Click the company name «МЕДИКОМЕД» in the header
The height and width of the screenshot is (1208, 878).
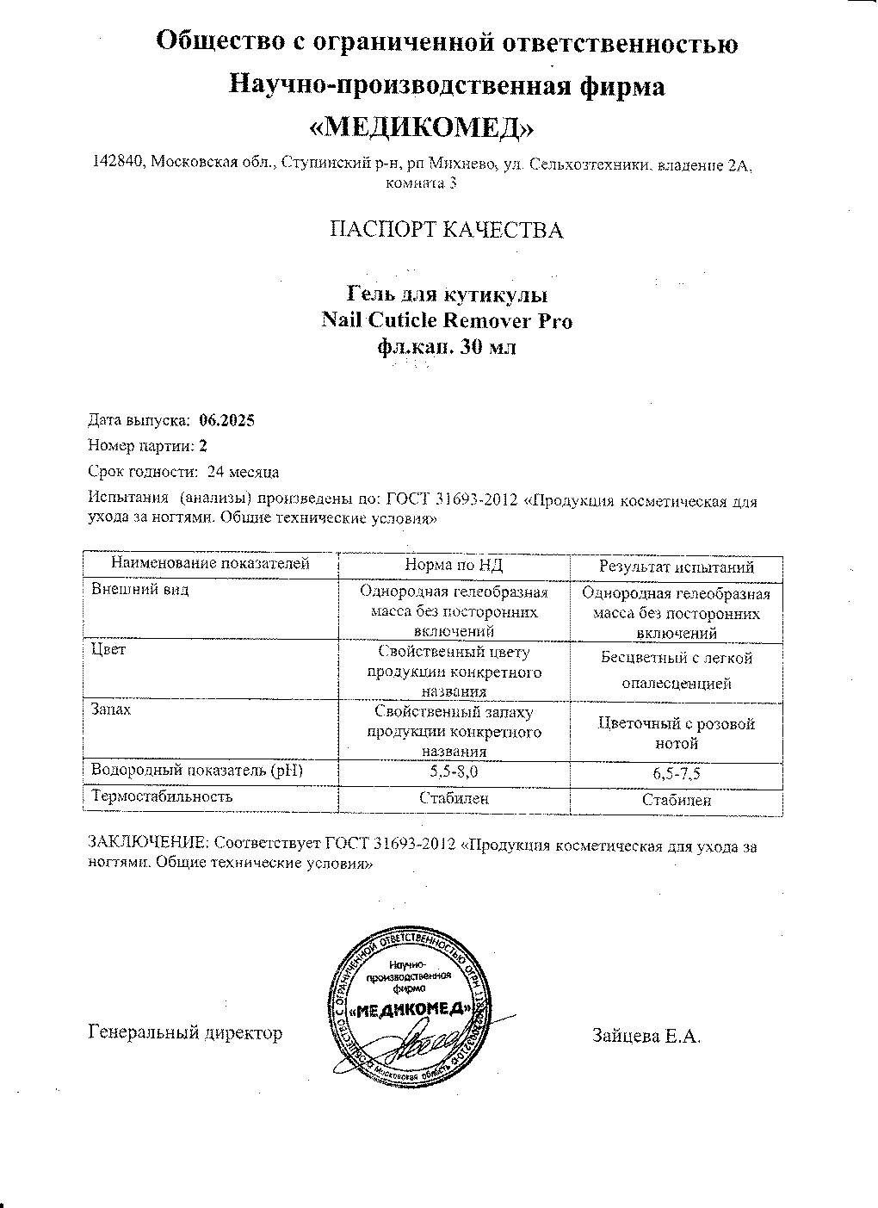(421, 127)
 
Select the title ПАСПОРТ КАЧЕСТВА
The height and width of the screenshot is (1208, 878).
(447, 230)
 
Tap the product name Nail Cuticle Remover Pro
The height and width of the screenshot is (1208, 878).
(446, 321)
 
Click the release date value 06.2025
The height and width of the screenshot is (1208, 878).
(226, 420)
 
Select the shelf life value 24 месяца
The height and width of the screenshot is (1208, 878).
(243, 472)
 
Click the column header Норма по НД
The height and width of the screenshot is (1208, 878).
(454, 565)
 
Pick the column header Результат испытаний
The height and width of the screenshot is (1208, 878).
(677, 567)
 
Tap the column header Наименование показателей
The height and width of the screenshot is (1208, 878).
(210, 564)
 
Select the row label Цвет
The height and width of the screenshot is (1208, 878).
(108, 649)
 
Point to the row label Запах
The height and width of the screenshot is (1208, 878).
(112, 709)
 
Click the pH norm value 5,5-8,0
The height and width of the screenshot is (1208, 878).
(454, 771)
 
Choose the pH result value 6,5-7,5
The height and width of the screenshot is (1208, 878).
(677, 773)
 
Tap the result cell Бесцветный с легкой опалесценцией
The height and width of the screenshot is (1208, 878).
(677, 671)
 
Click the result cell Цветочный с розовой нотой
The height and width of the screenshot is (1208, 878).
(677, 733)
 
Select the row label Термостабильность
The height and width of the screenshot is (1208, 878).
(163, 796)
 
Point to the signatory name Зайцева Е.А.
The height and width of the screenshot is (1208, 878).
(646, 1036)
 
